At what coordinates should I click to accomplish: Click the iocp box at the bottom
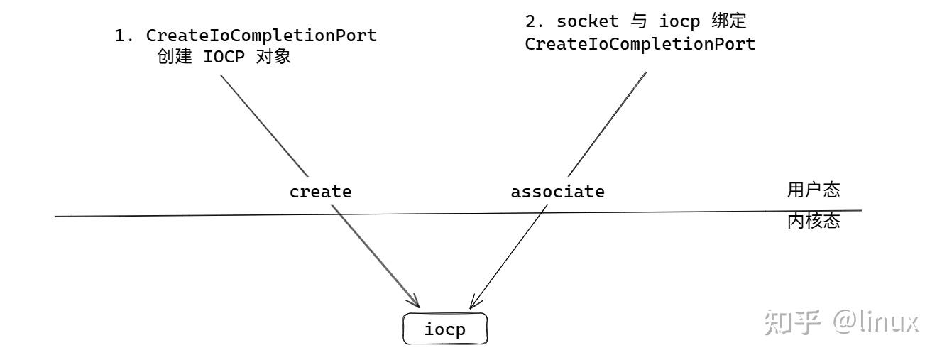(x=445, y=329)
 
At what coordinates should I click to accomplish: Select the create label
(x=320, y=192)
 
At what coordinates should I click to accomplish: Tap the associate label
(x=558, y=192)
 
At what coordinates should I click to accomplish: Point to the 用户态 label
(x=814, y=190)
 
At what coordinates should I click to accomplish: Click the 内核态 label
(x=814, y=222)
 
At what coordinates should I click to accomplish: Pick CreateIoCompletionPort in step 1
(x=261, y=36)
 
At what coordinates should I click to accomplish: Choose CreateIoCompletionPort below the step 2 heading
(x=640, y=44)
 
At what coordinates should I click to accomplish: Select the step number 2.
(x=530, y=23)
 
